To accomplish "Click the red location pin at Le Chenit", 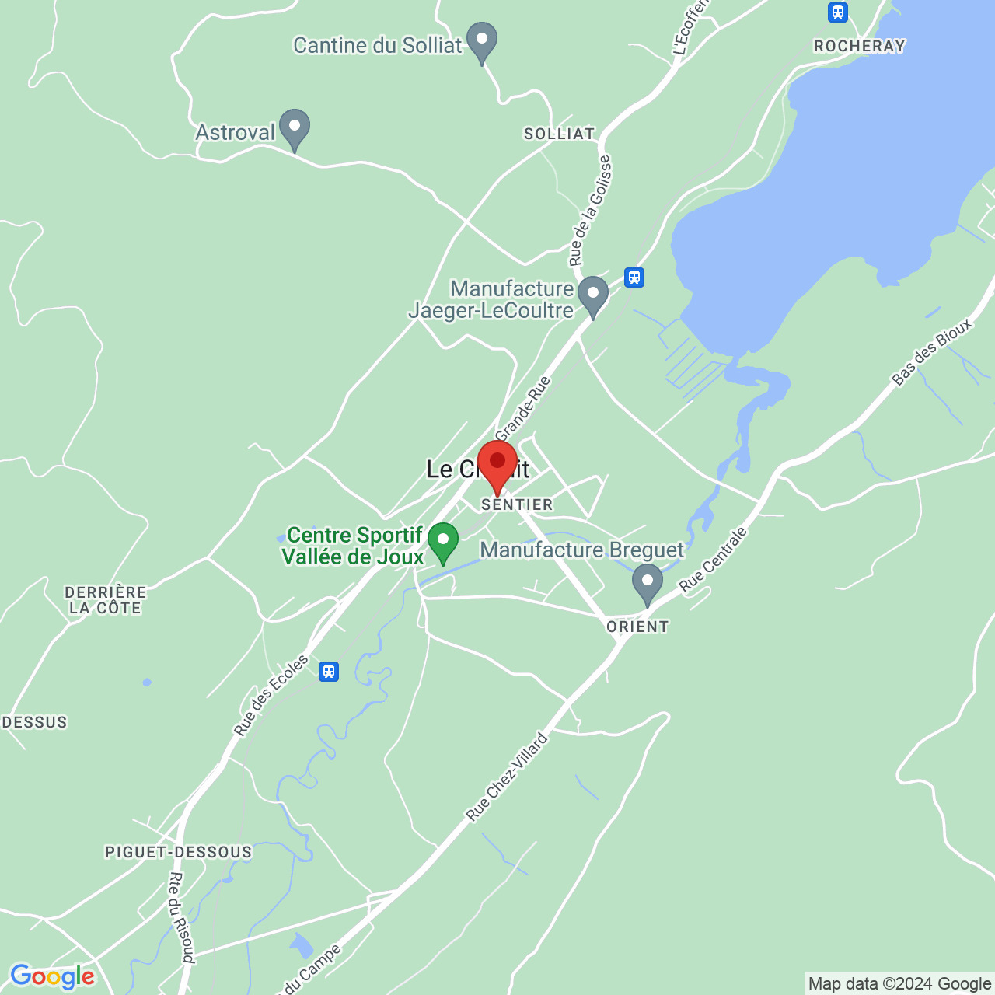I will [497, 463].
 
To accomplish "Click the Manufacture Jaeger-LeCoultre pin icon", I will [593, 294].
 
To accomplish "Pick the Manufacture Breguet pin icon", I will [647, 581].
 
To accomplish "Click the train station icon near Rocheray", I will [837, 12].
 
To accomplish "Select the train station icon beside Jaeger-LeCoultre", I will [634, 277].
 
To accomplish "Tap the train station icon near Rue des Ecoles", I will [329, 671].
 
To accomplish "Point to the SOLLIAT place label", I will [559, 134].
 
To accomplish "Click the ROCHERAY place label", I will [860, 46].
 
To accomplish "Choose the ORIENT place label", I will [637, 627].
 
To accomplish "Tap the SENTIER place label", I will [517, 504].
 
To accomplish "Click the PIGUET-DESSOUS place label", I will [179, 852].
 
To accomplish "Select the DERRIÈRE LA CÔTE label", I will [106, 600].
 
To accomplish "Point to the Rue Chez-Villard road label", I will [507, 777].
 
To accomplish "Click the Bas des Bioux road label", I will [932, 352].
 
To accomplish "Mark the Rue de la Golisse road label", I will [590, 210].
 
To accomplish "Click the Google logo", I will [52, 977].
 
